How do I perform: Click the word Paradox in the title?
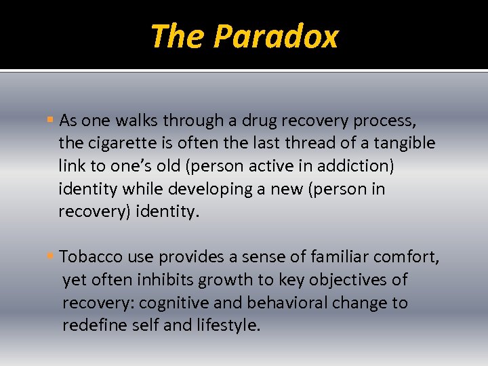tap(275, 37)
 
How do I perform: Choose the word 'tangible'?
tap(405, 144)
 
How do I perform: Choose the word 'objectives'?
tap(354, 280)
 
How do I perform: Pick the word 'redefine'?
tap(92, 325)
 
